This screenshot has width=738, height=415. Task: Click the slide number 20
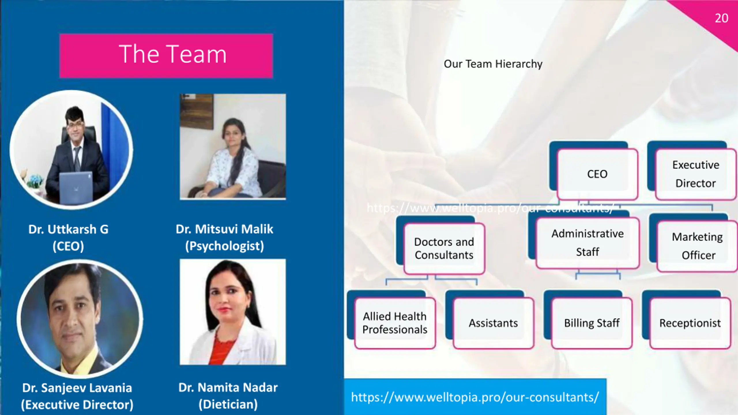click(x=721, y=18)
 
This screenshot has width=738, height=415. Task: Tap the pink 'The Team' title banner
click(x=166, y=56)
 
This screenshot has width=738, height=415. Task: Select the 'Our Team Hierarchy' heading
click(x=493, y=64)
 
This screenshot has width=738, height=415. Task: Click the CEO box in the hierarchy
click(x=597, y=174)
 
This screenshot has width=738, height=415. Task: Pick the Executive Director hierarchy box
click(x=696, y=174)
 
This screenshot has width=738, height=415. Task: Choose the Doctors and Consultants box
click(x=444, y=248)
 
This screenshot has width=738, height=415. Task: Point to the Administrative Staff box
click(x=588, y=243)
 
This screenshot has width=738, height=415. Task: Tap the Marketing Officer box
click(x=697, y=246)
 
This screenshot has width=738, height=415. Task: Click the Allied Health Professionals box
click(x=395, y=323)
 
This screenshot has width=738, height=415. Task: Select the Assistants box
click(x=493, y=323)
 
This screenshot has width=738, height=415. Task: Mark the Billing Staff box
click(x=592, y=323)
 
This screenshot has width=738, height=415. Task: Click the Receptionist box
click(x=690, y=323)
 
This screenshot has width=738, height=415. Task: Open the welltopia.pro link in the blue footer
click(x=475, y=397)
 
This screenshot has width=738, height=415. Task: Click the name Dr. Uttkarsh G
click(x=68, y=229)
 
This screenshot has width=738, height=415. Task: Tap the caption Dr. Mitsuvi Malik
click(x=224, y=229)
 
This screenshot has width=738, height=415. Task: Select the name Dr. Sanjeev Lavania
click(x=77, y=388)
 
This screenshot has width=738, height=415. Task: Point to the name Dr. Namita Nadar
click(x=228, y=388)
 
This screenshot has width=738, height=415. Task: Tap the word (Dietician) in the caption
click(x=228, y=404)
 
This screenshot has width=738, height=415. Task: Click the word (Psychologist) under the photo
click(x=224, y=246)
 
